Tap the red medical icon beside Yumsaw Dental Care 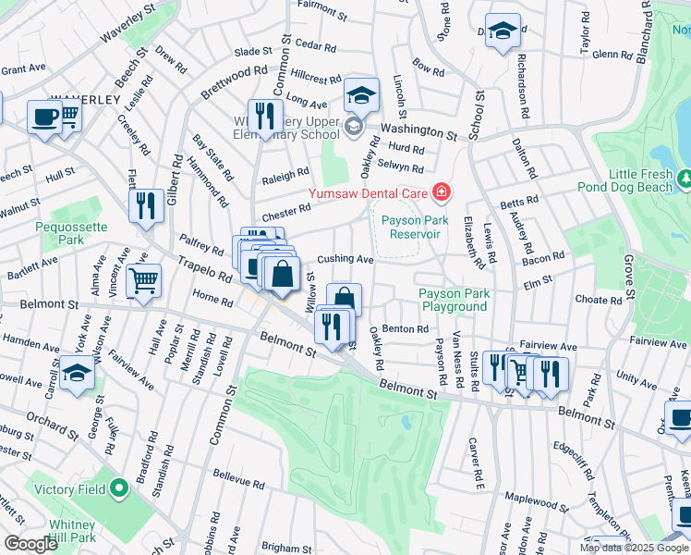pyautogui.click(x=441, y=192)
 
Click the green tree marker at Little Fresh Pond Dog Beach pyautogui.click(x=685, y=176)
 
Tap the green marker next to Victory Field pyautogui.click(x=118, y=488)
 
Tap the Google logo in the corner pyautogui.click(x=30, y=544)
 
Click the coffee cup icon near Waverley pyautogui.click(x=43, y=117)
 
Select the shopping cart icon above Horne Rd pyautogui.click(x=143, y=281)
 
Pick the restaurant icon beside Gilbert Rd pyautogui.click(x=146, y=206)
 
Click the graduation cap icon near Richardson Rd pyautogui.click(x=503, y=31)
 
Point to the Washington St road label pyautogui.click(x=418, y=132)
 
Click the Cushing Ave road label pyautogui.click(x=345, y=260)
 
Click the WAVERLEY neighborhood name pyautogui.click(x=86, y=99)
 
